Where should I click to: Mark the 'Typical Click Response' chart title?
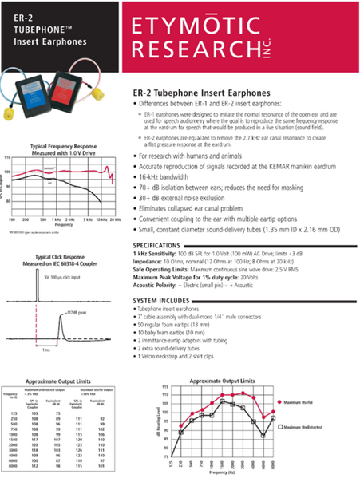click(x=57, y=258)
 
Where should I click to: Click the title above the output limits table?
click(x=61, y=381)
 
